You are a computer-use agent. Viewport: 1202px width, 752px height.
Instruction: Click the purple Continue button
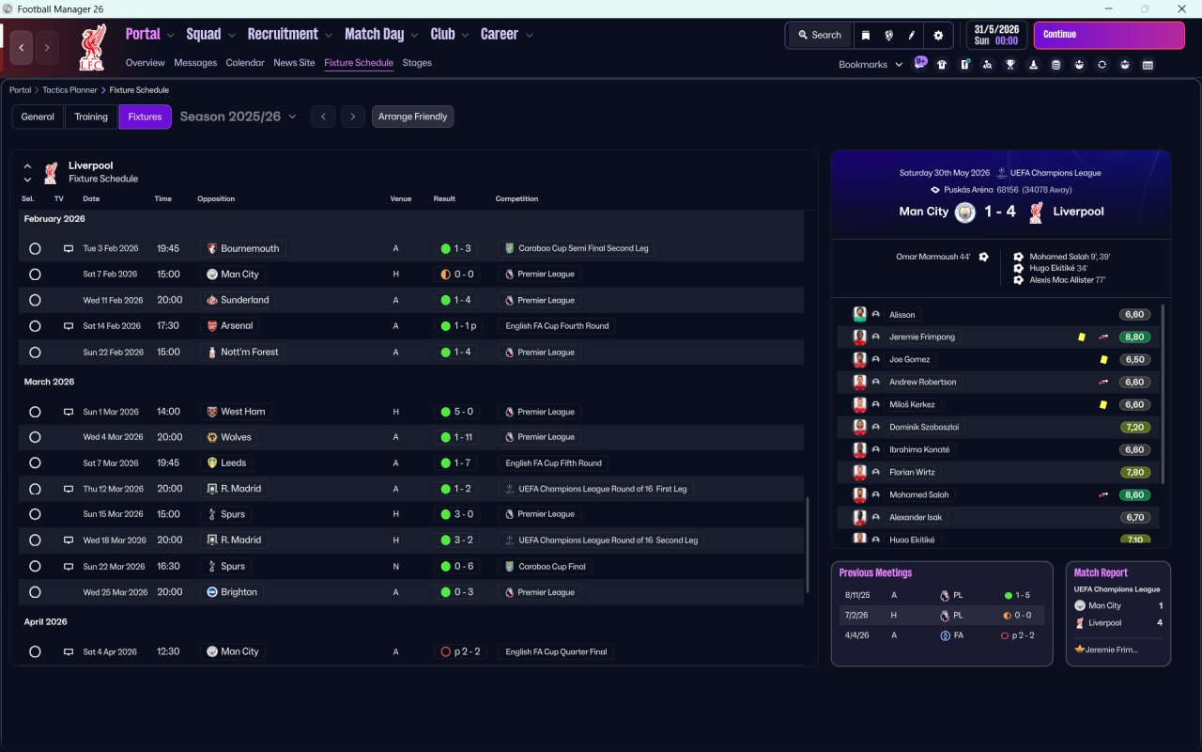point(1108,35)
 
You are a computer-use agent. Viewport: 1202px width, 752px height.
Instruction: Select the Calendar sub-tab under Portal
point(245,63)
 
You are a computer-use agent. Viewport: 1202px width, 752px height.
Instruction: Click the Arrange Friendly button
point(412,117)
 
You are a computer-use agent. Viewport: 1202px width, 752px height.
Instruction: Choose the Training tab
point(91,117)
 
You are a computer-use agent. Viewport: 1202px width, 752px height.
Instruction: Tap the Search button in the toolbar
point(819,35)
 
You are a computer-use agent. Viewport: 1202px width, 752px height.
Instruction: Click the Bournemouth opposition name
point(249,249)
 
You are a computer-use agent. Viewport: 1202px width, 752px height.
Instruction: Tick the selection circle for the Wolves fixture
point(35,437)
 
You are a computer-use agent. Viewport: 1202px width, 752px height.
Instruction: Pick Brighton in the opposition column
point(239,592)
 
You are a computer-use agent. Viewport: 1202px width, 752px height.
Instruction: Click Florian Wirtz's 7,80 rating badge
point(1134,473)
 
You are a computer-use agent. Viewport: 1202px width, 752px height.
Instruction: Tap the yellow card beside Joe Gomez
point(1103,360)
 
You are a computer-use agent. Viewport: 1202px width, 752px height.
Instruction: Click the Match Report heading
point(1101,572)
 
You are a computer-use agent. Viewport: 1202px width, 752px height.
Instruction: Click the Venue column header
point(401,199)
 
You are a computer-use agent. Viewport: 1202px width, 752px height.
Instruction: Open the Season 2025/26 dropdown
point(238,117)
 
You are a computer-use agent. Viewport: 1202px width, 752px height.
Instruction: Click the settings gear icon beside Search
point(937,35)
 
